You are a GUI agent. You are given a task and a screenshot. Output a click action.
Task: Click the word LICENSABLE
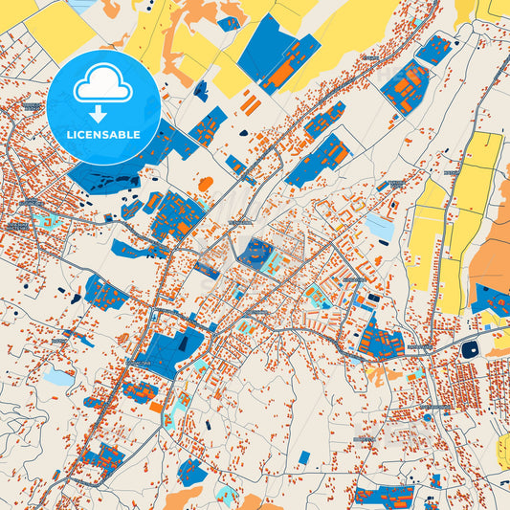(103, 135)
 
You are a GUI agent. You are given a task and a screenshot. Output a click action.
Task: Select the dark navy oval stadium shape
(469, 350)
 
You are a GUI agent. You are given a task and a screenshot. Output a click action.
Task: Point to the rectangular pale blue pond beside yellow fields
(381, 228)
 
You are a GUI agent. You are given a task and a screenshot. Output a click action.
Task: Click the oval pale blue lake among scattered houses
(59, 377)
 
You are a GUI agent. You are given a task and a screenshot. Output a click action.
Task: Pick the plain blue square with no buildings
(303, 457)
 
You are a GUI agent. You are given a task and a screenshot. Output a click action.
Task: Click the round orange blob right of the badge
(205, 184)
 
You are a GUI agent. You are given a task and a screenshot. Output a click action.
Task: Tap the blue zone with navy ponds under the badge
(105, 177)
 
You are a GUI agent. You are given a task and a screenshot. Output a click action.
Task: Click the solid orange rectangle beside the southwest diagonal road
(156, 407)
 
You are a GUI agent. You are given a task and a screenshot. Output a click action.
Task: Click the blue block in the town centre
(256, 254)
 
